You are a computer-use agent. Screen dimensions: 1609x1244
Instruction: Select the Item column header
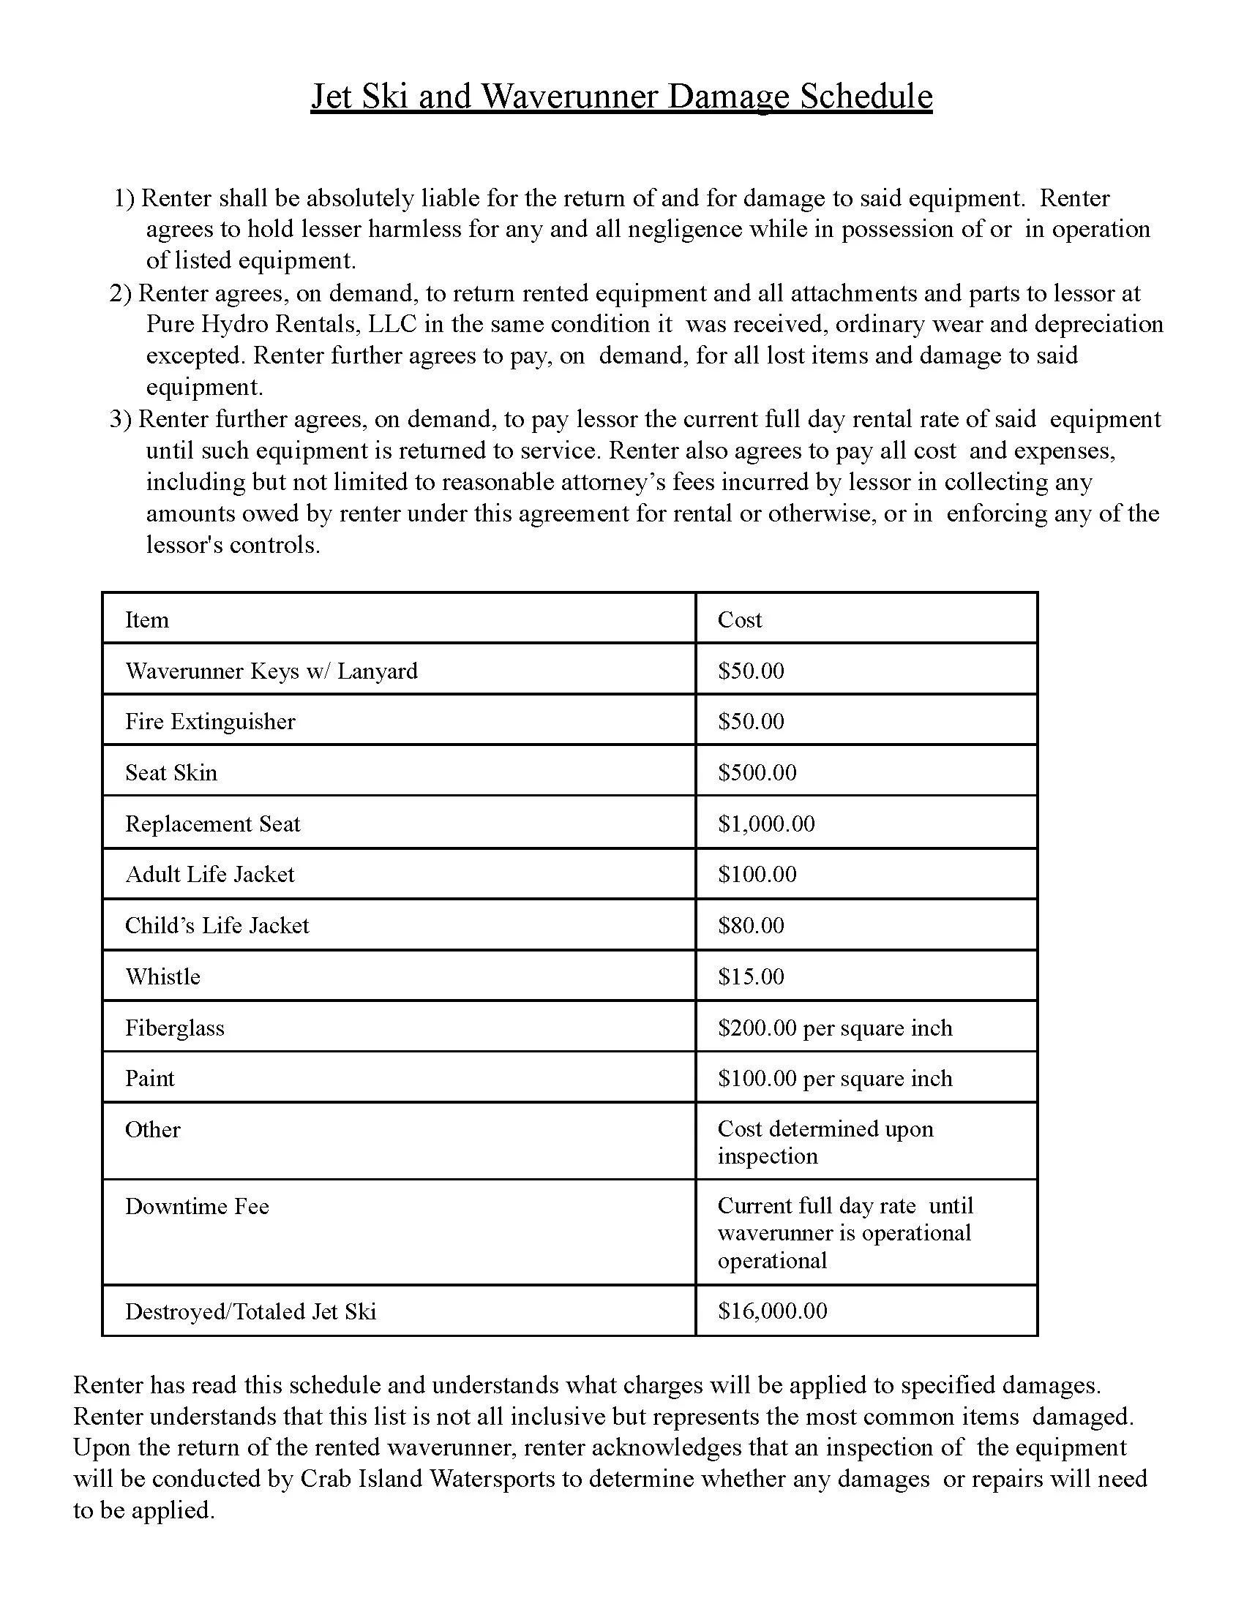tap(146, 619)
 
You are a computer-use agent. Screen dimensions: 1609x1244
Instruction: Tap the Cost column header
tap(739, 619)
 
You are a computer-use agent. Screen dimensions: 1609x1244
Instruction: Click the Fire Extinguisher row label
tap(210, 721)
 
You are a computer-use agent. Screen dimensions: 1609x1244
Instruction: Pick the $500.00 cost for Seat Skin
tap(757, 772)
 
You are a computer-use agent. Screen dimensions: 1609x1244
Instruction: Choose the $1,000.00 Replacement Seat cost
tap(765, 823)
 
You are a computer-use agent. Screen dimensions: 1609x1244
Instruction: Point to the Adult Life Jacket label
tap(209, 874)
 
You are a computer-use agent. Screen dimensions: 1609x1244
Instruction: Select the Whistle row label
tap(162, 976)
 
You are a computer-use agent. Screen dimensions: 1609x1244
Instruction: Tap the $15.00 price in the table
tap(750, 976)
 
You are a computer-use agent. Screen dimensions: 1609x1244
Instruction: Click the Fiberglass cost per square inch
tap(834, 1028)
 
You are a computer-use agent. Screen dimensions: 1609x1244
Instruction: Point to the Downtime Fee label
tap(197, 1206)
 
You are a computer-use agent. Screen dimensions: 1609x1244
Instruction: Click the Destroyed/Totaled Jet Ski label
tap(250, 1311)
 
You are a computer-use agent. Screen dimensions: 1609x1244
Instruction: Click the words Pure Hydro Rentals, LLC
tap(282, 324)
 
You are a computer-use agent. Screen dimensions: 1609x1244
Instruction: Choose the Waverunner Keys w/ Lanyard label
tap(271, 671)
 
